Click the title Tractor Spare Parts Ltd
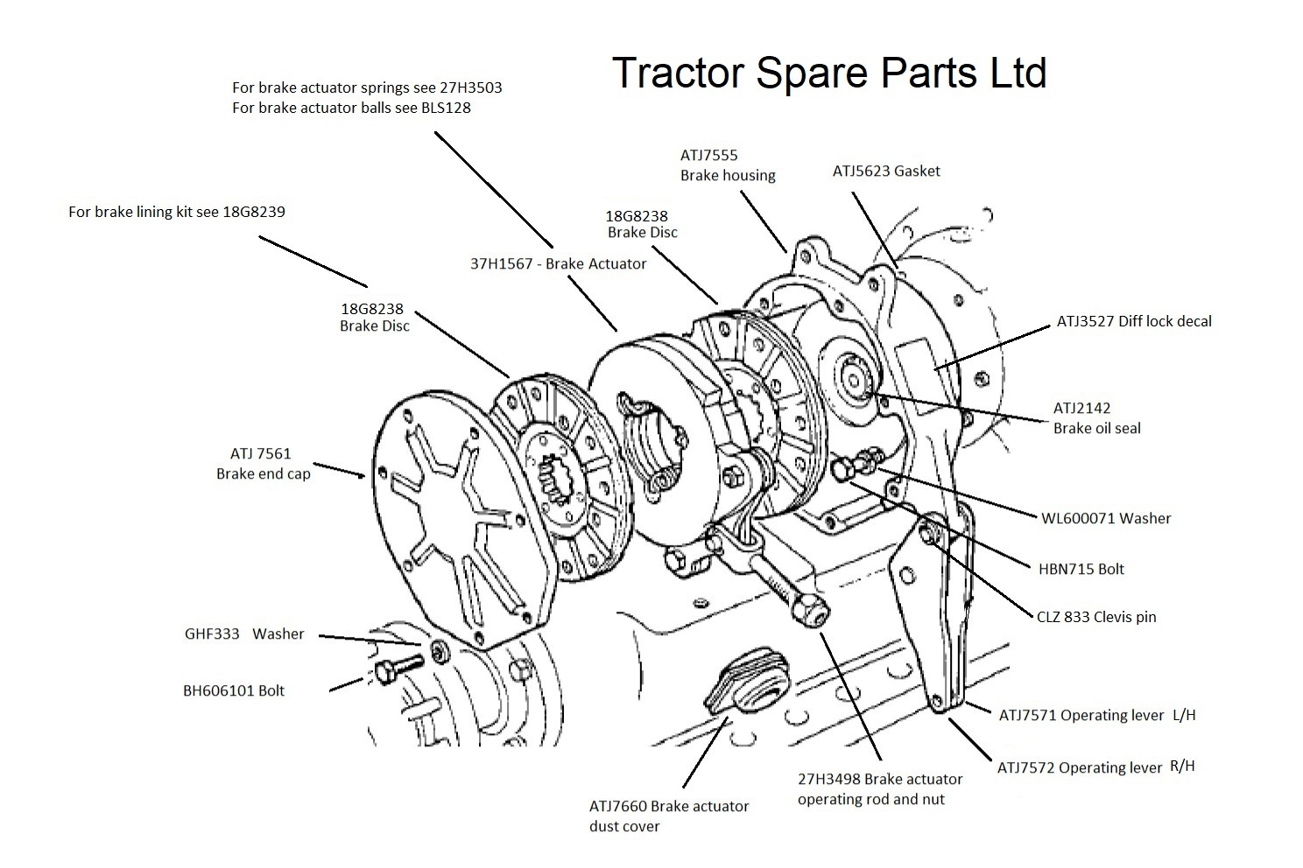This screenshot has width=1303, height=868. point(828,72)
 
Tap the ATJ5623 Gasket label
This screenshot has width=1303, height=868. point(885,171)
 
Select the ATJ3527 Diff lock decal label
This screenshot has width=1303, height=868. point(1133,321)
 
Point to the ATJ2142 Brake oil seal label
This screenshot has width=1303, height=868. point(1096,418)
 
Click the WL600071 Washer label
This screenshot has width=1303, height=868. point(1105,518)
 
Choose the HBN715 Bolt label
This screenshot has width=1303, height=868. point(1081,569)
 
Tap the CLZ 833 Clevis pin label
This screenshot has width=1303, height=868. point(1095,617)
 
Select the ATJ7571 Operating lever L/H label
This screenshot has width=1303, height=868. point(1096,715)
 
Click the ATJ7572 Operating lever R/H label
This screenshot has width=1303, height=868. point(1095,767)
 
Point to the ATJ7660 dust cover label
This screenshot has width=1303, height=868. point(668,815)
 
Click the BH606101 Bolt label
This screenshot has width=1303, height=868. point(233,690)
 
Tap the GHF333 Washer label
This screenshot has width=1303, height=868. point(244,633)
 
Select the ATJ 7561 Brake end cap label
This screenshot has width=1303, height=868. point(262,464)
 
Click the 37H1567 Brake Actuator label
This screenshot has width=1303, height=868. point(558,263)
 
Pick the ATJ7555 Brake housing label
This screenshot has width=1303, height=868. point(727,165)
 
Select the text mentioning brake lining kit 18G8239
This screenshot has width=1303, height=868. point(176,212)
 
